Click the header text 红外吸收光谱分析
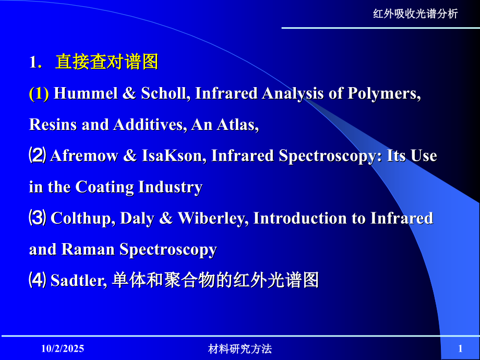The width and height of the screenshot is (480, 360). click(415, 14)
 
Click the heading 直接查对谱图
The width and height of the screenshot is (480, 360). click(106, 63)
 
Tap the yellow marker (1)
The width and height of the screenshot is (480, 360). click(39, 94)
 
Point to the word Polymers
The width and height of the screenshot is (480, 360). click(386, 94)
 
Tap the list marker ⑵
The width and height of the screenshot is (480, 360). click(38, 156)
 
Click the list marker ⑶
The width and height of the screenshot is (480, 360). click(38, 218)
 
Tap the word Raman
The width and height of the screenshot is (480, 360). click(88, 250)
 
